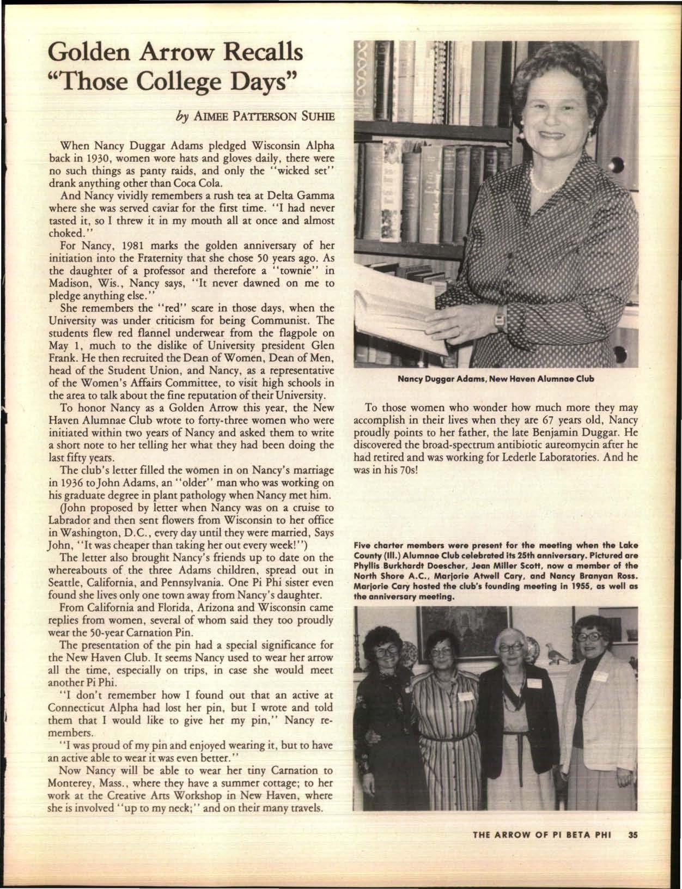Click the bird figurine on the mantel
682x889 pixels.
pos(556,655)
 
